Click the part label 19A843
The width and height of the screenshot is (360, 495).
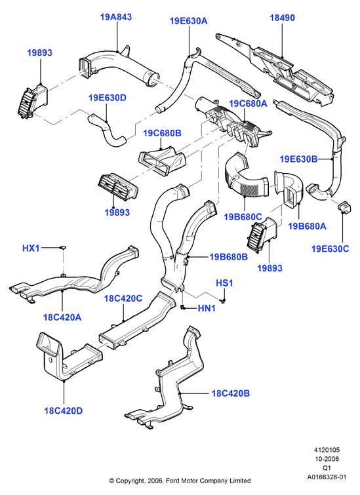tap(116, 17)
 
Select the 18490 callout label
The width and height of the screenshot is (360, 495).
tap(283, 18)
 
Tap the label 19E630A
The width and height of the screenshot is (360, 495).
tap(189, 21)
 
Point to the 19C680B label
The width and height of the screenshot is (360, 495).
tap(163, 133)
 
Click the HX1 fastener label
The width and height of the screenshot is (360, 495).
tap(31, 248)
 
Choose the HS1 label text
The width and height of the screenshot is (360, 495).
tap(224, 283)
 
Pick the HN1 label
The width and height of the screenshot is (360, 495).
tap(207, 308)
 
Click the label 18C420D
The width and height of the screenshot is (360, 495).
tap(63, 410)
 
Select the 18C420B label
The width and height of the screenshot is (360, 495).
tap(231, 393)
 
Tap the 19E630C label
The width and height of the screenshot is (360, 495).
tap(330, 248)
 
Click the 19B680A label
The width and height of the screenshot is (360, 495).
tap(308, 226)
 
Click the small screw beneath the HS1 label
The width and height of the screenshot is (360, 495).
tap(224, 300)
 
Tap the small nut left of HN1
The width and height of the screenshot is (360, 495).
tap(183, 307)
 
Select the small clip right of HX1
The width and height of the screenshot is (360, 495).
tap(62, 247)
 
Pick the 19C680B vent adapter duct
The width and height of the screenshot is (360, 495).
tap(163, 161)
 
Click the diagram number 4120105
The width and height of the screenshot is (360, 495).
tap(327, 450)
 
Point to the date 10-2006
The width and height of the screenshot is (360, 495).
tap(327, 459)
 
